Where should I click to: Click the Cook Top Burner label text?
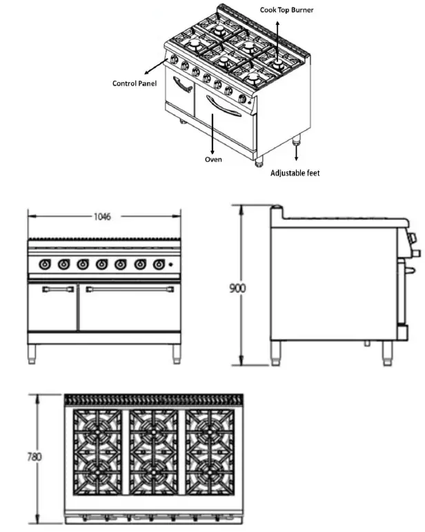[x=286, y=10]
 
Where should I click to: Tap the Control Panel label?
[x=135, y=84]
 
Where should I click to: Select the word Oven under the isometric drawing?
[x=213, y=159]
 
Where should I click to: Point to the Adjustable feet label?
[x=295, y=173]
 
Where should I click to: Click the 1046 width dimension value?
[x=103, y=216]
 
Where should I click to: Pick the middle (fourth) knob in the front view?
[x=102, y=263]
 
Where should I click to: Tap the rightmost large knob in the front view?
[x=159, y=263]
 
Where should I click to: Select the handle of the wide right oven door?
[x=129, y=289]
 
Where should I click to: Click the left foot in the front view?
[x=32, y=354]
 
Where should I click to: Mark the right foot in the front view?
[x=176, y=354]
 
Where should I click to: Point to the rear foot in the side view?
[x=275, y=352]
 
